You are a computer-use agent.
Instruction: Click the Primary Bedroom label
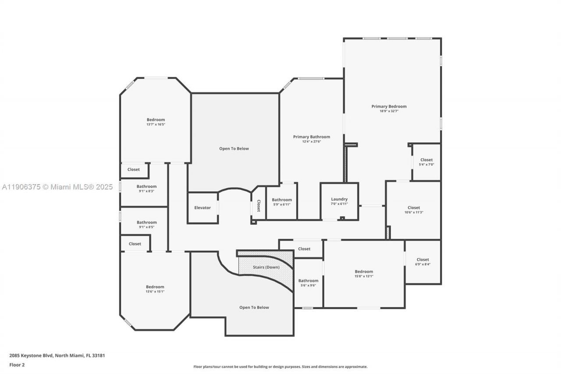(389, 107)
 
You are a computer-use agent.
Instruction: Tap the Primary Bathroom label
(311, 137)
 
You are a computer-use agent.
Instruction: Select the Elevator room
(202, 208)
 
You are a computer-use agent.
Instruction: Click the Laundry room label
(339, 199)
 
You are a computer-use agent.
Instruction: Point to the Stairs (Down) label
(266, 267)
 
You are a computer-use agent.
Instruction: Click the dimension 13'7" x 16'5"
(156, 125)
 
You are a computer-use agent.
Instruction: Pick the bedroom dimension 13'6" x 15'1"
(155, 292)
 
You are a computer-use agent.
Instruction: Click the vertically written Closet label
(259, 206)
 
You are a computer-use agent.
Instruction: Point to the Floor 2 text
(17, 364)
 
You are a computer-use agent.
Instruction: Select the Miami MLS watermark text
(57, 187)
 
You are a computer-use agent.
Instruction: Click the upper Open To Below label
(234, 149)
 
